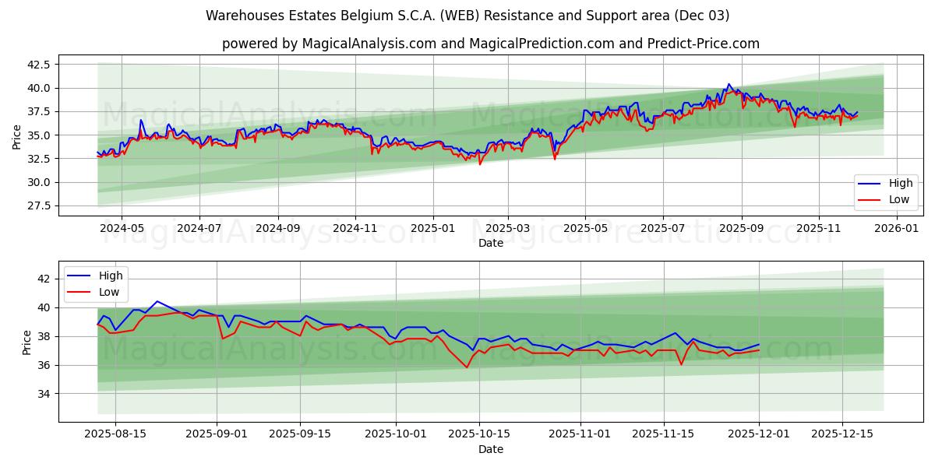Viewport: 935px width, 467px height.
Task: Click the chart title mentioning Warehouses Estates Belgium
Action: (467, 16)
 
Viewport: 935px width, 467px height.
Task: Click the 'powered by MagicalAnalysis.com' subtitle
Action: (491, 44)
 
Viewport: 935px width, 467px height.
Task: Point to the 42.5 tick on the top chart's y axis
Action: (39, 64)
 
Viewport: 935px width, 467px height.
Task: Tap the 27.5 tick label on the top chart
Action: (39, 205)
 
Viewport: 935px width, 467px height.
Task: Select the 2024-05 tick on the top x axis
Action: (122, 229)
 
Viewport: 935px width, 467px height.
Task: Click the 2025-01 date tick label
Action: (432, 229)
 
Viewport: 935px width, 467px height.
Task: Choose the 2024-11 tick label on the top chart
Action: (355, 229)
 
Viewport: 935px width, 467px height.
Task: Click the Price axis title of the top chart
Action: (17, 135)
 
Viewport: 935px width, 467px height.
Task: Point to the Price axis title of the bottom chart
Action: (27, 342)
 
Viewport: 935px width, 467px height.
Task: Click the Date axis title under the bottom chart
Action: (491, 449)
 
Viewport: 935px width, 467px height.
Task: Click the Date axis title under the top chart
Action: (491, 243)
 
